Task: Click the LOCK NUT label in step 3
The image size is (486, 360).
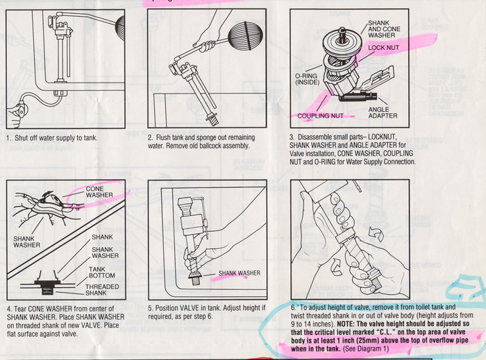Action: [384, 47]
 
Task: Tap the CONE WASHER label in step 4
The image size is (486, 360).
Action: [99, 192]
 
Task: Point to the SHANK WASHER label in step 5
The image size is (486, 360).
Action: [240, 273]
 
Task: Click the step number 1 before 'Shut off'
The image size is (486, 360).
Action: [8, 137]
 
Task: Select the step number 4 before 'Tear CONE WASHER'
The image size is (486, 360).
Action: [8, 307]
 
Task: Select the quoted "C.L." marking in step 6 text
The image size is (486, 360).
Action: [396, 333]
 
